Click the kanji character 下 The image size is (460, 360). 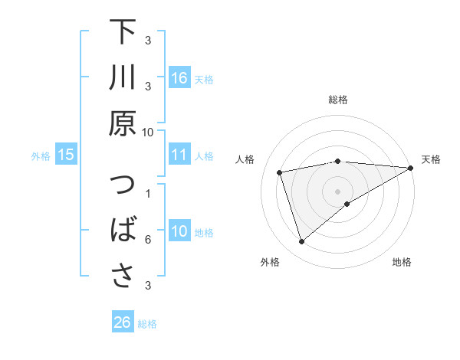pyautogui.click(x=123, y=33)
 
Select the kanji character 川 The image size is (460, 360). pyautogui.click(x=123, y=77)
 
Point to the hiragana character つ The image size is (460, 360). pyautogui.click(x=123, y=188)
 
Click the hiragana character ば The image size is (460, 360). pyautogui.click(x=123, y=231)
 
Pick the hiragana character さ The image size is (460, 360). pyautogui.click(x=123, y=276)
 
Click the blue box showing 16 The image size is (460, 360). pyautogui.click(x=179, y=78)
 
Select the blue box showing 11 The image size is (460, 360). pyautogui.click(x=179, y=155)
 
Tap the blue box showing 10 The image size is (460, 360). pyautogui.click(x=179, y=232)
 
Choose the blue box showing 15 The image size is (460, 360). pyautogui.click(x=65, y=155)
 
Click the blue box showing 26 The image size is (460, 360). pyautogui.click(x=122, y=322)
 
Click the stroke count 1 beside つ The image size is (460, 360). pyautogui.click(x=148, y=193)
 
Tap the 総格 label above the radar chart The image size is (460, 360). pyautogui.click(x=338, y=100)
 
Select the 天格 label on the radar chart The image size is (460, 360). pyautogui.click(x=431, y=159)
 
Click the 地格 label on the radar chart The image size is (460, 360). pyautogui.click(x=402, y=263)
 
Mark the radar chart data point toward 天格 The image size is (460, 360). pyautogui.click(x=410, y=168)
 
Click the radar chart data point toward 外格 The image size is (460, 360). pyautogui.click(x=301, y=242)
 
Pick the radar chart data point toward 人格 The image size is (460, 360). pyautogui.click(x=281, y=172)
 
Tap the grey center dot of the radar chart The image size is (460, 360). pyautogui.click(x=338, y=191)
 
